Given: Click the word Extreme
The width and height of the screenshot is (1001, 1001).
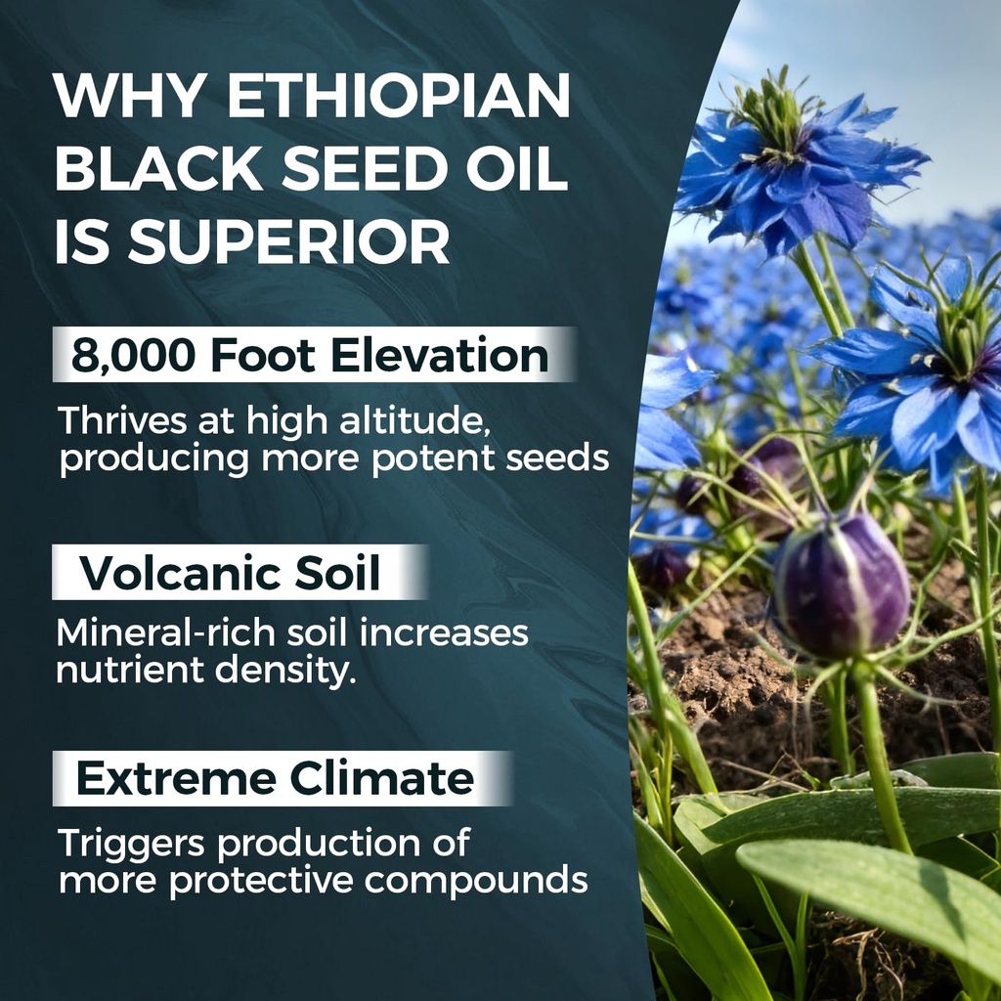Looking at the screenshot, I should point(176,779).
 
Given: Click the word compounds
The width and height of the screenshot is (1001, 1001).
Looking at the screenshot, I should point(476,880).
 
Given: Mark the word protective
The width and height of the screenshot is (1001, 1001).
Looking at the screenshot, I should point(263,880).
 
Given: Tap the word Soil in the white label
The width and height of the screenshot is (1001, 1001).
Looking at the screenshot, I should point(340,573).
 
